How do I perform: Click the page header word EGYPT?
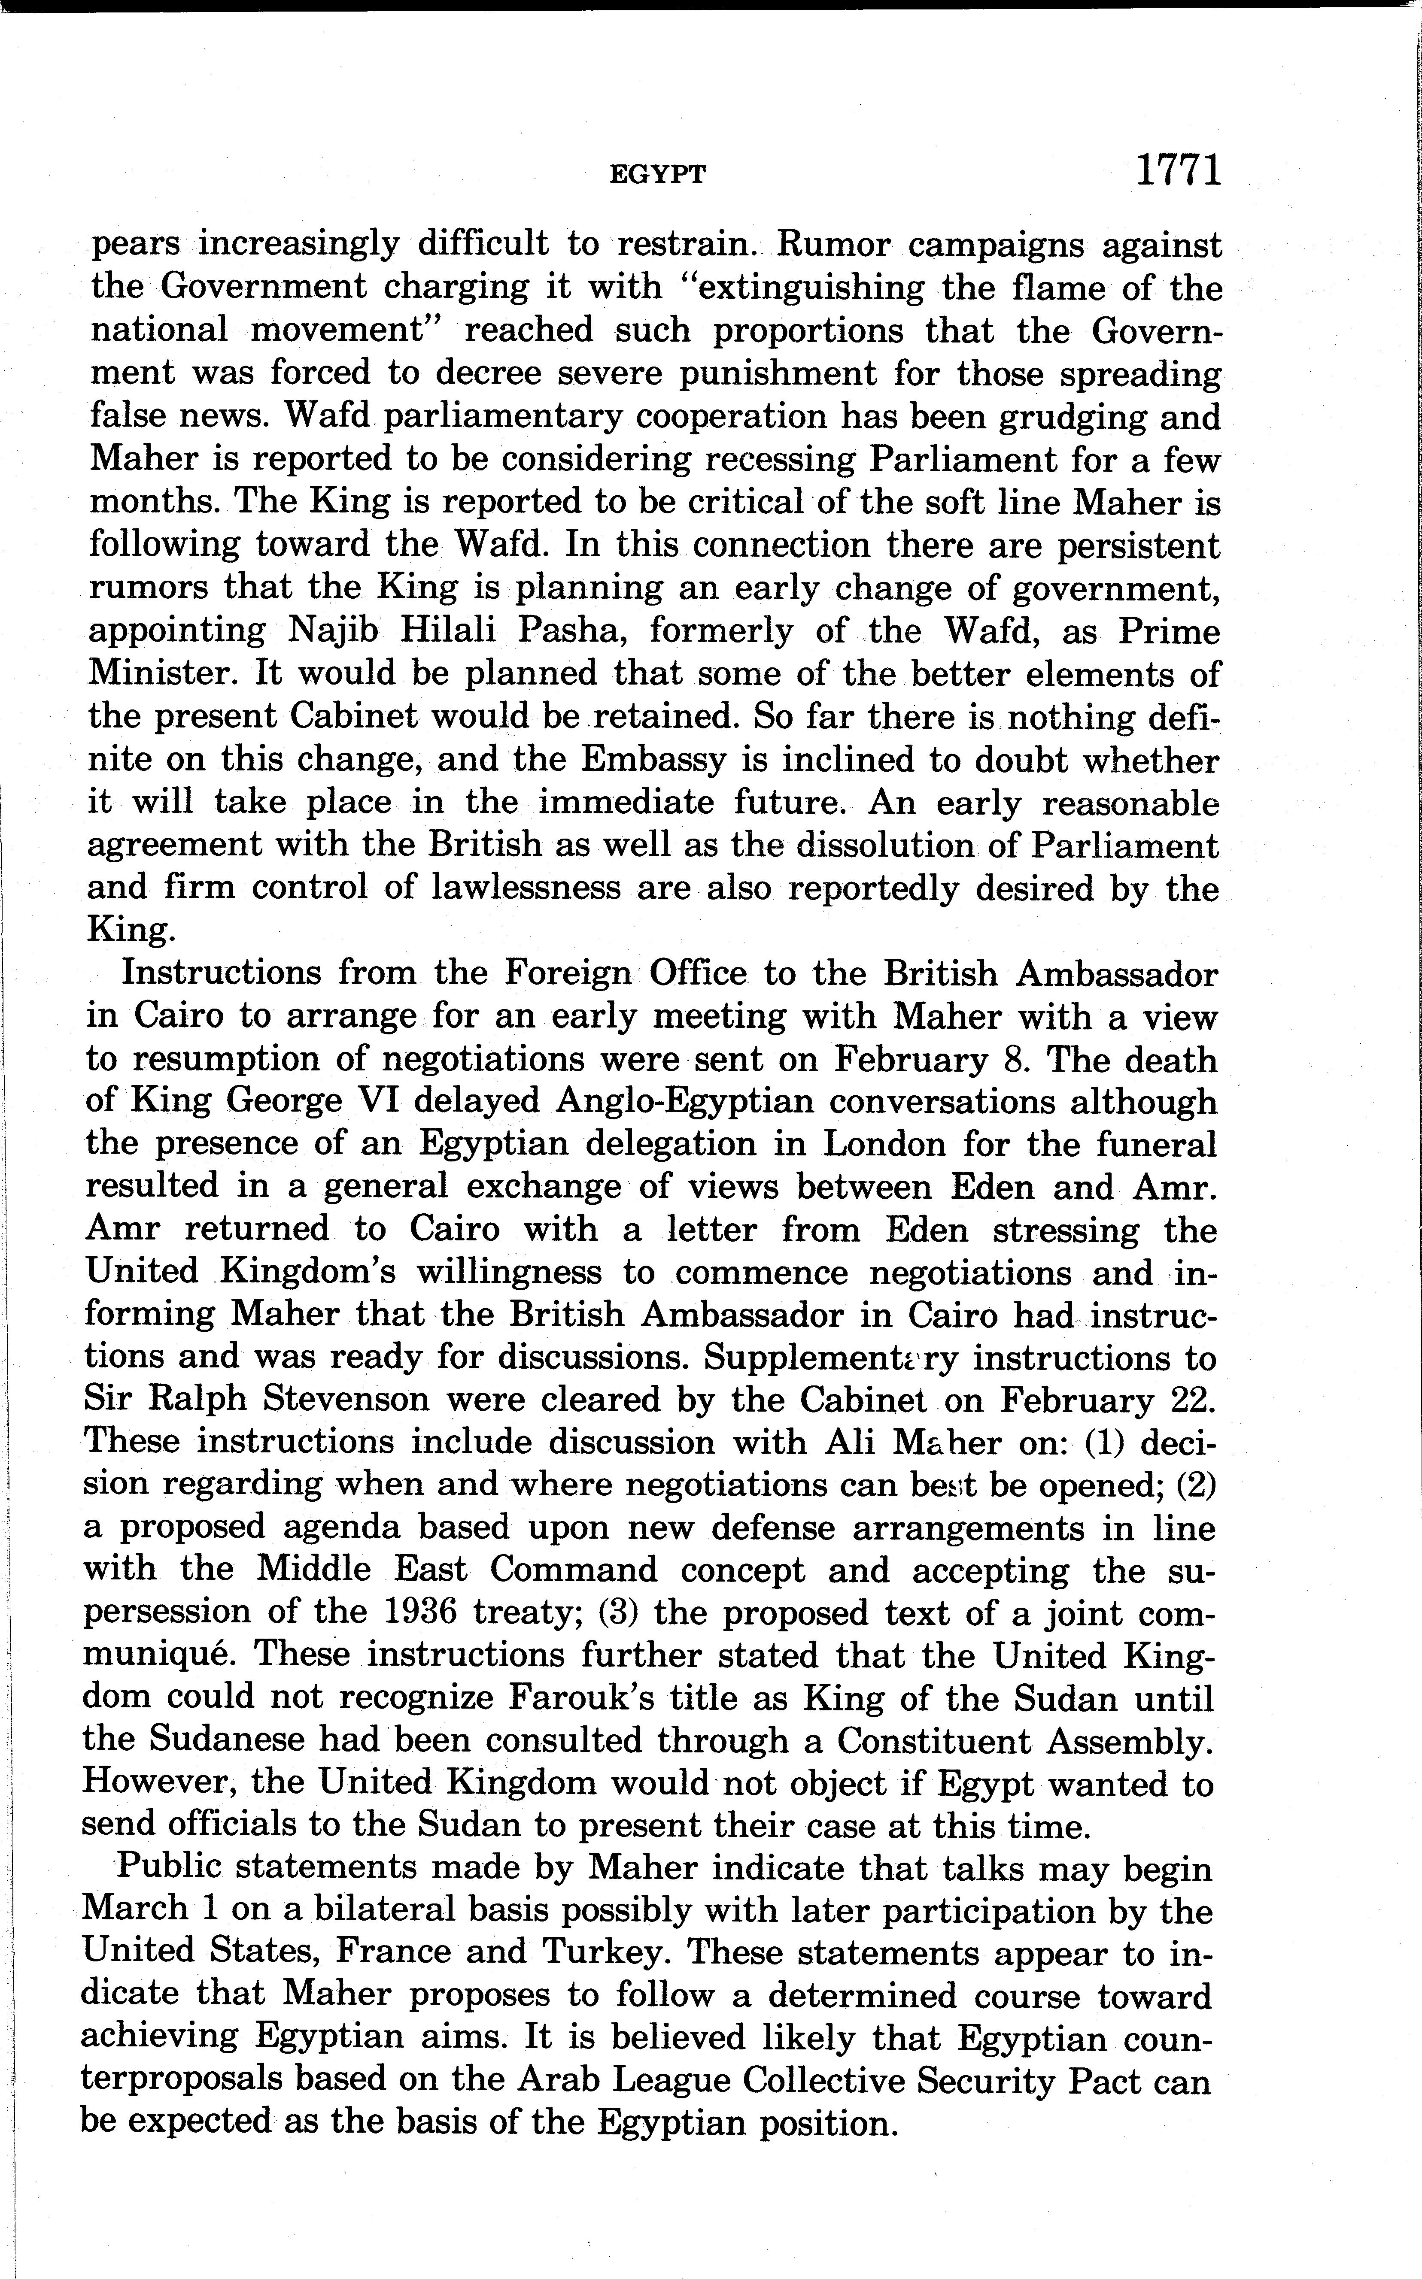(x=657, y=174)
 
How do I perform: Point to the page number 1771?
(x=1177, y=171)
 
